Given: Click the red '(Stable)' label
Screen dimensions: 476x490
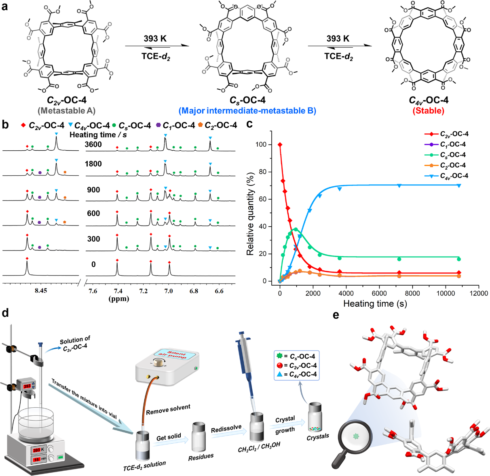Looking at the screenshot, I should [428, 111].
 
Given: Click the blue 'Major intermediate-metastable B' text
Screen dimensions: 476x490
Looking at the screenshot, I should [247, 111].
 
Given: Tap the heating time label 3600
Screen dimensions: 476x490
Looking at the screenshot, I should [93, 144].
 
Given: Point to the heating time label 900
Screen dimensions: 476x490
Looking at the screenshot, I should [93, 190].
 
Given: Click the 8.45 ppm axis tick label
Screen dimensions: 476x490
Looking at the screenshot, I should [41, 291].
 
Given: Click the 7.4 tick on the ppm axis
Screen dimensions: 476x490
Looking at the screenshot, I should [118, 291].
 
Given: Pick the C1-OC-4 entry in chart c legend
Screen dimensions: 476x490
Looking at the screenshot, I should [452, 144].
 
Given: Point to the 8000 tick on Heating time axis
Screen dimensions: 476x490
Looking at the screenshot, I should [412, 294].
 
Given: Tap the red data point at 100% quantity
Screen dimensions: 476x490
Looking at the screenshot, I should [280, 145].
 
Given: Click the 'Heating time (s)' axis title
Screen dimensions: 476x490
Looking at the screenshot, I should [375, 304].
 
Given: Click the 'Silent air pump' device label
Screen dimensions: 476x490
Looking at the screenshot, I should [177, 354].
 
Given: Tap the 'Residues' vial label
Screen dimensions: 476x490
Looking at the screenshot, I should [201, 457].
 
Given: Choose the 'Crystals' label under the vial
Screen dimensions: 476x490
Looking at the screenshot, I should [318, 436].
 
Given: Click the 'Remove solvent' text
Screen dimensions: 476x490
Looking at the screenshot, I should [168, 410].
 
